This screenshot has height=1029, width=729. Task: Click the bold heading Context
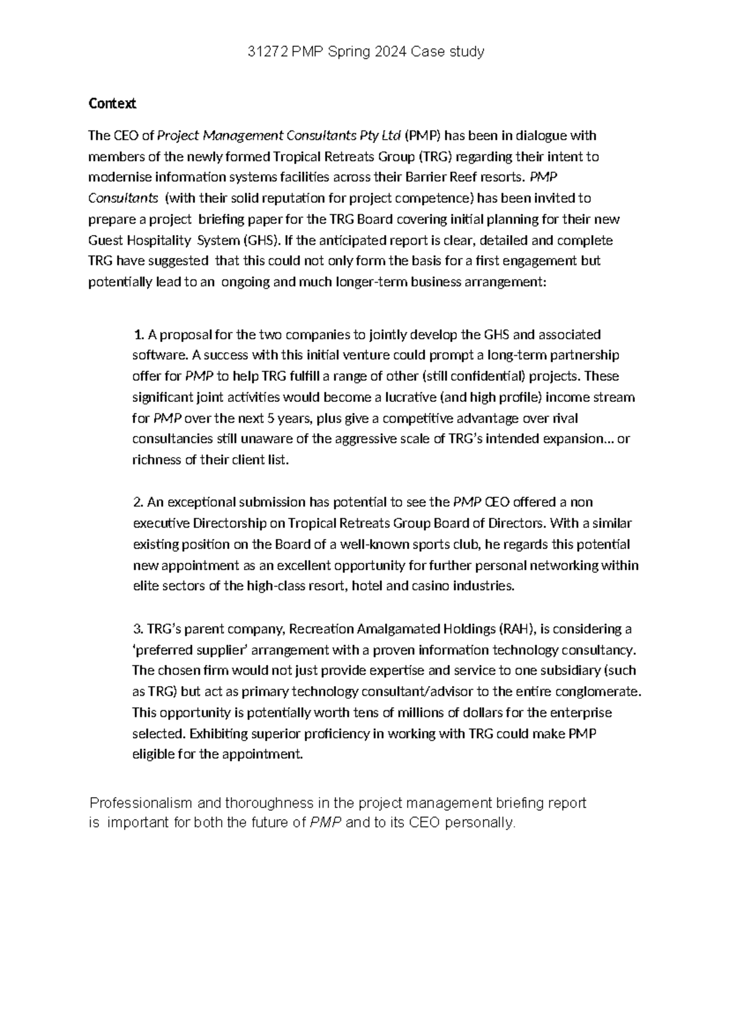click(x=112, y=104)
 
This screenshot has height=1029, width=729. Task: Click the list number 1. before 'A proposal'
click(x=139, y=335)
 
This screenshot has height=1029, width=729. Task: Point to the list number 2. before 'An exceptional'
click(x=138, y=502)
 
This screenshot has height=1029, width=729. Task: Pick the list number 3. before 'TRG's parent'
click(x=138, y=628)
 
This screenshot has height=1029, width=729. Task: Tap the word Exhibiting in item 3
click(x=219, y=733)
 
